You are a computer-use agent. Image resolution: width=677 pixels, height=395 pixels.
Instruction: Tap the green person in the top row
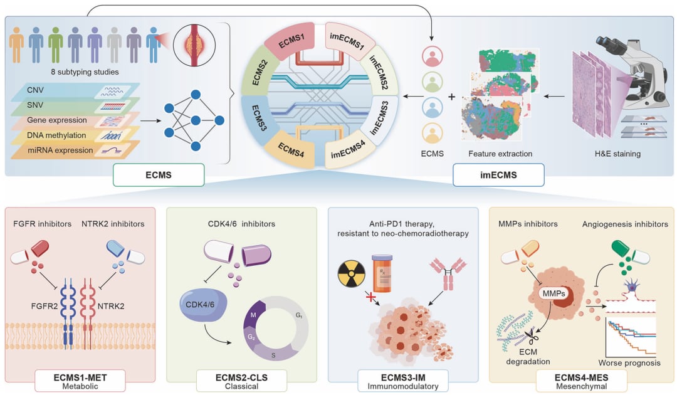55,46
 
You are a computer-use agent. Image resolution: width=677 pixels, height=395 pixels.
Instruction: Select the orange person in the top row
18,46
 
